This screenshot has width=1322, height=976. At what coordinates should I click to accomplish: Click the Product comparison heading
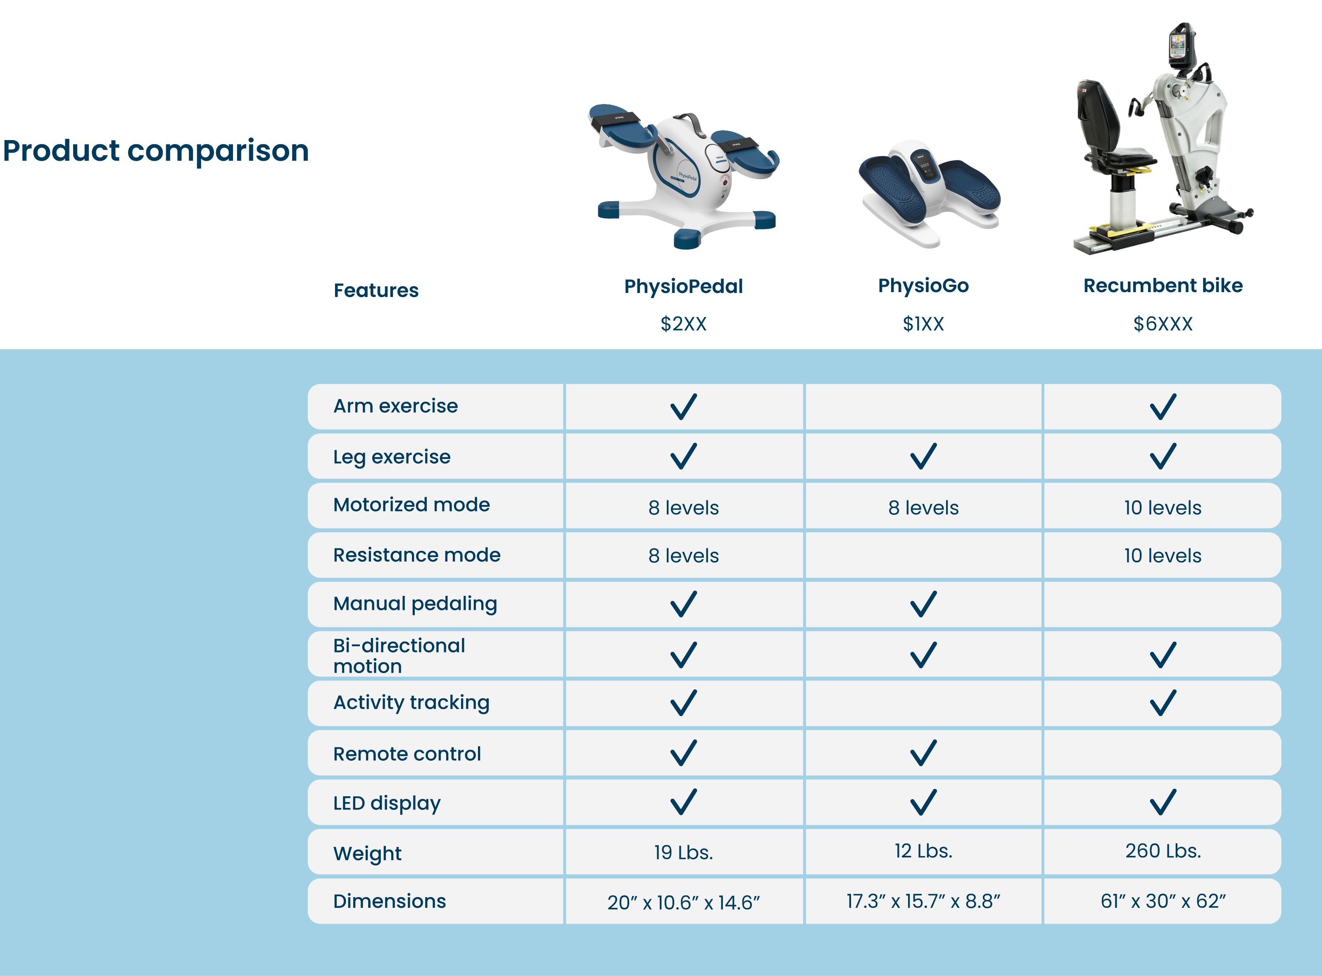click(156, 151)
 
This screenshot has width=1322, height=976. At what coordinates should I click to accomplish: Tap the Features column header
click(376, 290)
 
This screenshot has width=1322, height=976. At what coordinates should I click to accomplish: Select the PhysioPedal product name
click(683, 286)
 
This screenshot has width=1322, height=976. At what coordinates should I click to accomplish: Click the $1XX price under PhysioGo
click(923, 324)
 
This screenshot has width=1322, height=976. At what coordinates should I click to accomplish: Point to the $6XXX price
click(1163, 324)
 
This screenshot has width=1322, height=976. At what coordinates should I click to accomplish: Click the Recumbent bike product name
click(1163, 286)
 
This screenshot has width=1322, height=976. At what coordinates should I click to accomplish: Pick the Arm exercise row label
click(395, 406)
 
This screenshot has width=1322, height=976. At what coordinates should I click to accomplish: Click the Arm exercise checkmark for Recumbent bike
click(1163, 407)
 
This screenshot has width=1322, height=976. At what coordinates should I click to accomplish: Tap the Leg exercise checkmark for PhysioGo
click(923, 456)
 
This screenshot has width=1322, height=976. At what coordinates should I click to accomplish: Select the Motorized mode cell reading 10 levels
click(1163, 507)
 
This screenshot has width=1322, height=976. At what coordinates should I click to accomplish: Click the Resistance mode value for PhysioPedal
click(683, 555)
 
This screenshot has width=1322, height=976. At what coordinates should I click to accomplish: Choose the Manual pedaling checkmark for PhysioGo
click(923, 604)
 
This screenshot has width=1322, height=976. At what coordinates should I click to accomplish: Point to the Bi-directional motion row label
click(399, 655)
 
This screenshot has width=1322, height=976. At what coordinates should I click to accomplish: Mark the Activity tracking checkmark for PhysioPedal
click(683, 702)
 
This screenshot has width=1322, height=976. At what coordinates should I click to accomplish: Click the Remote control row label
click(407, 754)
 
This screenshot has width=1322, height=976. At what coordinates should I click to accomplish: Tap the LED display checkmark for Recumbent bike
click(1163, 802)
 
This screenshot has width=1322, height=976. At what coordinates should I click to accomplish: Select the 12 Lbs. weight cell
click(923, 851)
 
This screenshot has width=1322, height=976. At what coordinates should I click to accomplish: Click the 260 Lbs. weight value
click(1163, 851)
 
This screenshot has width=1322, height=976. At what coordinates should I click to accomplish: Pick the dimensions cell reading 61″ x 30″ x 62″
click(1163, 901)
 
